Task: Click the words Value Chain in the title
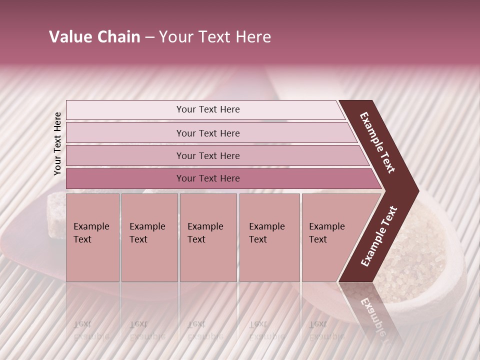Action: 94,37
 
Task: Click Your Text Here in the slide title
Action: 215,37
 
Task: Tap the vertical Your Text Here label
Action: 58,143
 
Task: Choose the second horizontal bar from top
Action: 208,133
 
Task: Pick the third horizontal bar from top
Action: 208,156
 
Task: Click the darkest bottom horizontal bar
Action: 208,178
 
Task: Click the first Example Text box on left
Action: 92,237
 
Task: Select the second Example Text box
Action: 149,237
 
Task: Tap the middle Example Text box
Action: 207,237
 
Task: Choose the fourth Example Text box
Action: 269,237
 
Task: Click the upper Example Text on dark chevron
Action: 378,142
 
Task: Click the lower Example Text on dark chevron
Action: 379,236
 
